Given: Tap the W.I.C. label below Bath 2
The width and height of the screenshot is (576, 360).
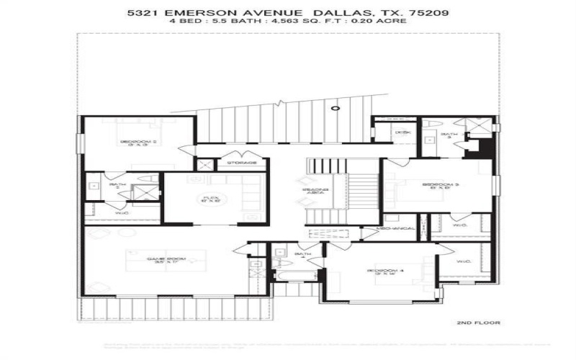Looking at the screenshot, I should click(x=122, y=213).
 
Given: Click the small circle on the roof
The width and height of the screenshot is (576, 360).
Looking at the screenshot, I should click(x=334, y=108).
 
